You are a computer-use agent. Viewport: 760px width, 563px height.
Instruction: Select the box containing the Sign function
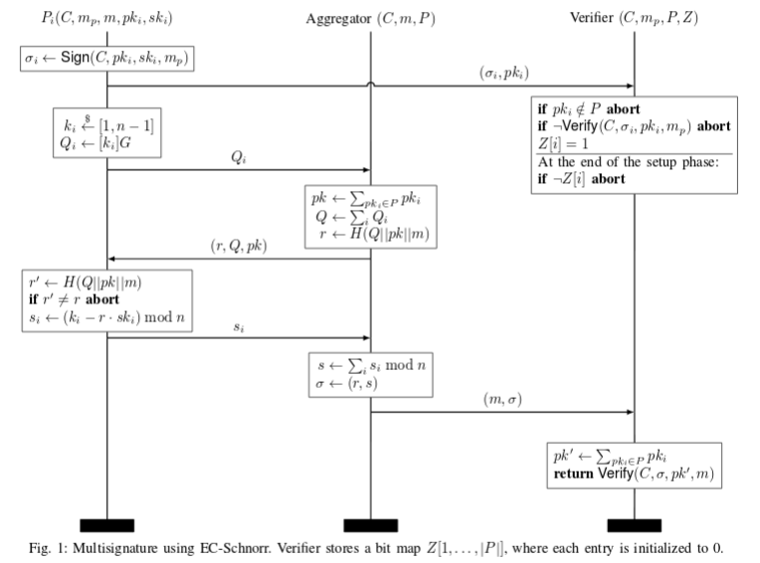107,59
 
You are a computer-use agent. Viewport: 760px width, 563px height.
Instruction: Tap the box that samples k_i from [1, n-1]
107,132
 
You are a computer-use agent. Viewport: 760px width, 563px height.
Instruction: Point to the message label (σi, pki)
504,73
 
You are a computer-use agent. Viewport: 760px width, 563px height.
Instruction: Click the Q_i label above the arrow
239,157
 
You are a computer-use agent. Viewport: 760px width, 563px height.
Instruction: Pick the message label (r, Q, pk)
239,246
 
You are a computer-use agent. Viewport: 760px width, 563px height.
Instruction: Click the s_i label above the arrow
239,327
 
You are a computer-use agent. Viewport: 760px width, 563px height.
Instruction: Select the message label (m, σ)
502,399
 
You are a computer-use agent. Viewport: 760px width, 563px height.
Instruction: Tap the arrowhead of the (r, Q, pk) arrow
110,259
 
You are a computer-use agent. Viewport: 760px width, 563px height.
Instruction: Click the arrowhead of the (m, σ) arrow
631,413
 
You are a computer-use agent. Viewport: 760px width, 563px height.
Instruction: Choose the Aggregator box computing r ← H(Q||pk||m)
371,217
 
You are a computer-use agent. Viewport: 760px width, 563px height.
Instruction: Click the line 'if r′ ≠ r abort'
74,299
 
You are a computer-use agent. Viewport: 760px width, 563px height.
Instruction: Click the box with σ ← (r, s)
371,375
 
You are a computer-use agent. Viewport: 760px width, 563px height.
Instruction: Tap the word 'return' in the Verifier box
573,473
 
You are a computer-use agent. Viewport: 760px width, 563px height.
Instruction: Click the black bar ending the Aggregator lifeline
371,525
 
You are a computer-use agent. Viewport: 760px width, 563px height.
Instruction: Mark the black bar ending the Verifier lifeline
634,525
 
